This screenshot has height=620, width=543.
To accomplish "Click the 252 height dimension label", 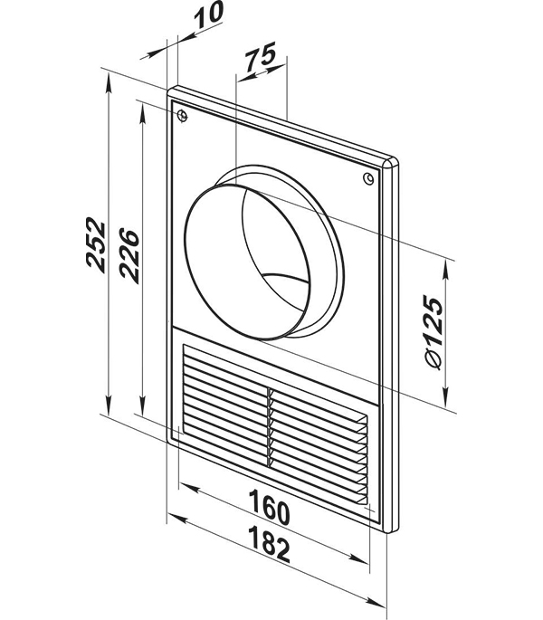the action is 96,244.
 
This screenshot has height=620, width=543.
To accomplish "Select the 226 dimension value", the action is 129,255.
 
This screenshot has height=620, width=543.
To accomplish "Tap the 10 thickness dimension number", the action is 210,14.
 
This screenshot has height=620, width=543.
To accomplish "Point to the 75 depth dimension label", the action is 260,55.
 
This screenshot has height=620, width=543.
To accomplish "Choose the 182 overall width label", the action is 270,544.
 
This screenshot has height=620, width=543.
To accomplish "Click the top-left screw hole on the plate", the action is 182,116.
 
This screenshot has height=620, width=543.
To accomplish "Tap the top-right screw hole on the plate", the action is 368,178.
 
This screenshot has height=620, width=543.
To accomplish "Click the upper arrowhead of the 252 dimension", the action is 109,84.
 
